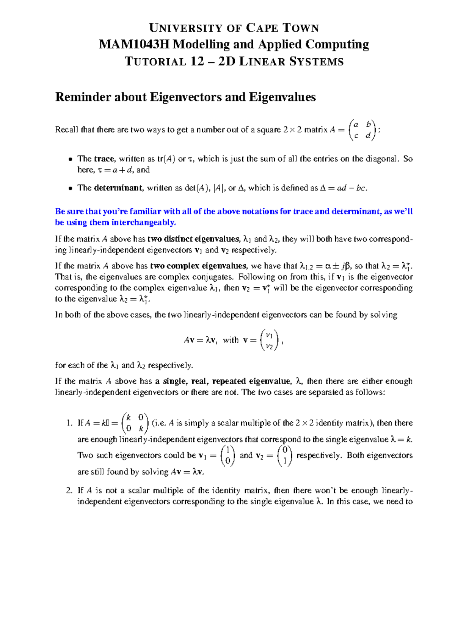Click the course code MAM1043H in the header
pos(134,45)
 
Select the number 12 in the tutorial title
pos(197,61)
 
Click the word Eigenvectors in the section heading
pos(186,97)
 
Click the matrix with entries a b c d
pos(362,130)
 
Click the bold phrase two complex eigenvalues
pos(199,266)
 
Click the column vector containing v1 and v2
pos(269,340)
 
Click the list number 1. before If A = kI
pos(69,423)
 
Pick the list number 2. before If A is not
pos(69,491)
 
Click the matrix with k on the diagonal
pos(135,423)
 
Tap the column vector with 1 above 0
pos(227,456)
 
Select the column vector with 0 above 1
pos(285,456)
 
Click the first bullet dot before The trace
pos(70,159)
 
